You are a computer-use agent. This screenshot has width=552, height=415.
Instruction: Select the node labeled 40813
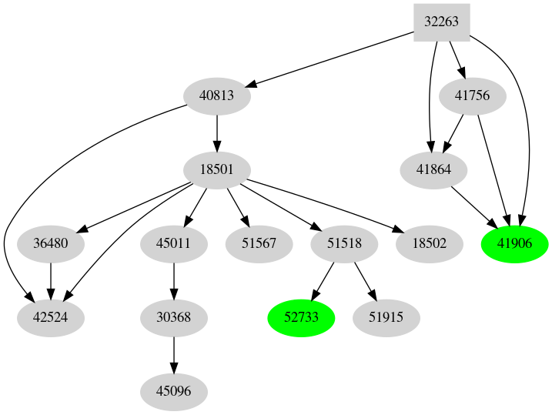[x=217, y=96]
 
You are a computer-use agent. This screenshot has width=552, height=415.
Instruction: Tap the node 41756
[x=473, y=96]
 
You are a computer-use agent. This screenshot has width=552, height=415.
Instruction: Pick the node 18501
[x=217, y=169]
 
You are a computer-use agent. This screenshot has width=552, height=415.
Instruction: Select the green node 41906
[x=514, y=243]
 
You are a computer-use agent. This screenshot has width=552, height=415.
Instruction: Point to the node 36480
[x=50, y=243]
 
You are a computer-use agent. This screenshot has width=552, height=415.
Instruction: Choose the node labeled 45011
[x=174, y=243]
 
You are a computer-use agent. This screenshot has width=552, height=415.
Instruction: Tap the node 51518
[x=344, y=243]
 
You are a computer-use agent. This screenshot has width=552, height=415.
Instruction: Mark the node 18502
[x=429, y=243]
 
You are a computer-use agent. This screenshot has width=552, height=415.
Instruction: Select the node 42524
[x=50, y=317]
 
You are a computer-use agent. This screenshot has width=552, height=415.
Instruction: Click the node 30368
[x=174, y=317]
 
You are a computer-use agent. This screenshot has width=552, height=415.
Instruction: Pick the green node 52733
[x=301, y=317]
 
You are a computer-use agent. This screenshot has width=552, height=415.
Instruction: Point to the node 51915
[x=386, y=317]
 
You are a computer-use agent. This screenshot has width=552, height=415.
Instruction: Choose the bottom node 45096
[x=174, y=391]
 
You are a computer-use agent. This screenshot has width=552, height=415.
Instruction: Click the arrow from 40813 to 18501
[x=217, y=132]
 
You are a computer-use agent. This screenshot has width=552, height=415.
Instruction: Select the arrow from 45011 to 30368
[x=174, y=280]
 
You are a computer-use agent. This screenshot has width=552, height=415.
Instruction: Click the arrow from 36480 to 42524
[x=50, y=280]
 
